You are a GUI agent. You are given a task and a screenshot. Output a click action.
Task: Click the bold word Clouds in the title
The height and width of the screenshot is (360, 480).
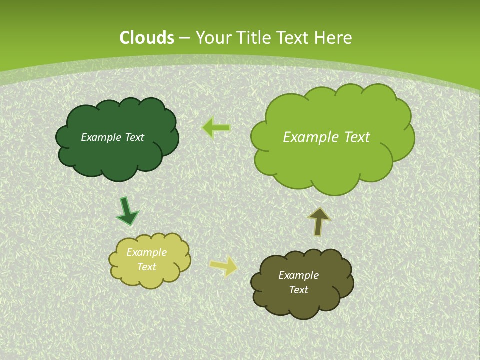147,38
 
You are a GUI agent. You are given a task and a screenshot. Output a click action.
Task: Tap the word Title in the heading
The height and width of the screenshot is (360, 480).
253,38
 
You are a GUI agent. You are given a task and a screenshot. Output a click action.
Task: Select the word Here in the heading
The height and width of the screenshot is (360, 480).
333,38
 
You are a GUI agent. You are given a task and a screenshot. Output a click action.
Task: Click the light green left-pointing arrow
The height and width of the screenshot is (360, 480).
216,128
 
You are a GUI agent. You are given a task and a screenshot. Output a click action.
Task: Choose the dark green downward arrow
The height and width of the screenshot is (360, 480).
127,211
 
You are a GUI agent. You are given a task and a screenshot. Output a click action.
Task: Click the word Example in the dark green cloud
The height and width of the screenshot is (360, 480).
100,137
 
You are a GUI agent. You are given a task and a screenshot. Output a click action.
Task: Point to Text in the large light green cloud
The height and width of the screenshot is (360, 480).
356,137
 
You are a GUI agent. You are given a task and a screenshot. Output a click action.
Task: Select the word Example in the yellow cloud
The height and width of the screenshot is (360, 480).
146,252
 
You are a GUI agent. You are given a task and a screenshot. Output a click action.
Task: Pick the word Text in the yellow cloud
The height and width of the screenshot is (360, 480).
146,267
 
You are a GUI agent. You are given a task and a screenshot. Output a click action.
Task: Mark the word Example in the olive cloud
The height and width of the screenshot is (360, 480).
298,275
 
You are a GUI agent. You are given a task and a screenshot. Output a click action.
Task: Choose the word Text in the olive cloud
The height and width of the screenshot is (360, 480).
298,290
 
